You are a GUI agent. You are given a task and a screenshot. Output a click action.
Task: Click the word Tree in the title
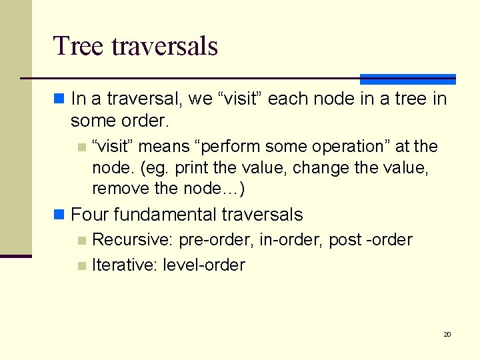[79, 46]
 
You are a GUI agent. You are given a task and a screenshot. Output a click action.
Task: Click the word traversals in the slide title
[165, 46]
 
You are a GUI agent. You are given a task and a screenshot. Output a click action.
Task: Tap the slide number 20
[447, 334]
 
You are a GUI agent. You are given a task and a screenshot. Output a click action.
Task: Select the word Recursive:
[133, 239]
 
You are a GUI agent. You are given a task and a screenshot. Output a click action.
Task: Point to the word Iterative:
[125, 265]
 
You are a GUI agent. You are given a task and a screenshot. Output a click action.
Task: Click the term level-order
[203, 265]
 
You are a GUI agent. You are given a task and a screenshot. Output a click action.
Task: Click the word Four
[90, 215]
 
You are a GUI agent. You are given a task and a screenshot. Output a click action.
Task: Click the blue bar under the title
[407, 79]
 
